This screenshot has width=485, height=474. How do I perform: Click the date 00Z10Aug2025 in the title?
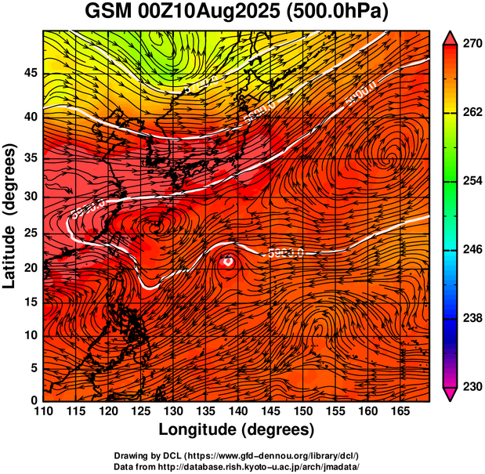[204, 12]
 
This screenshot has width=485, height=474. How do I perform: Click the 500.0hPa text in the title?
[341, 12]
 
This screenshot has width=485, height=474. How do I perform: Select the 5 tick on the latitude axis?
[34, 367]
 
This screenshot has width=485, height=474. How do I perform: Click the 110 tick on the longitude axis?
[43, 411]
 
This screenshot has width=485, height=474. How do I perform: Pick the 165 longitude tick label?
[400, 411]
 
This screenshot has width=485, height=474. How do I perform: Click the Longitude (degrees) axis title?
[237, 429]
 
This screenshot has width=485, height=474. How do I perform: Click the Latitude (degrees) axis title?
[11, 215]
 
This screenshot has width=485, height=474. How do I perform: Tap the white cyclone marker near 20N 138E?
[227, 262]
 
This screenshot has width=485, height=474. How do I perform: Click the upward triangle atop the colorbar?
[451, 37]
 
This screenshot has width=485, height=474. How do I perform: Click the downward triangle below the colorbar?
[451, 394]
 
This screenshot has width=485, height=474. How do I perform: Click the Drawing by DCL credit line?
[236, 455]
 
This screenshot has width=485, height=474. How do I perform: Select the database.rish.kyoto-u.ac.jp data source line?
[236, 466]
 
